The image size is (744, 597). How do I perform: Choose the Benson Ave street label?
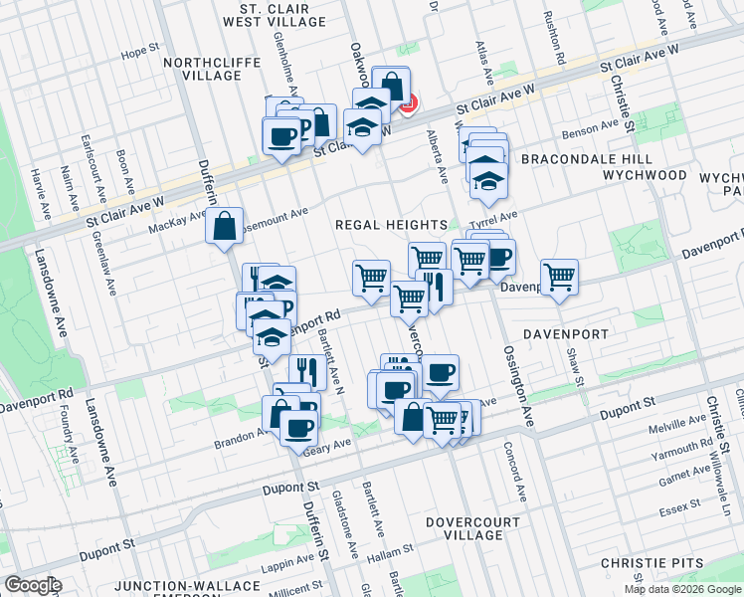point(589,130)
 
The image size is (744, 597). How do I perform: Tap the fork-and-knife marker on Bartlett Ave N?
point(306,372)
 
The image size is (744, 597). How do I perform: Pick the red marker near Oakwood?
point(407,101)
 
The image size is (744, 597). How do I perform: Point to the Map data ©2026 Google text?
point(682,589)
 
